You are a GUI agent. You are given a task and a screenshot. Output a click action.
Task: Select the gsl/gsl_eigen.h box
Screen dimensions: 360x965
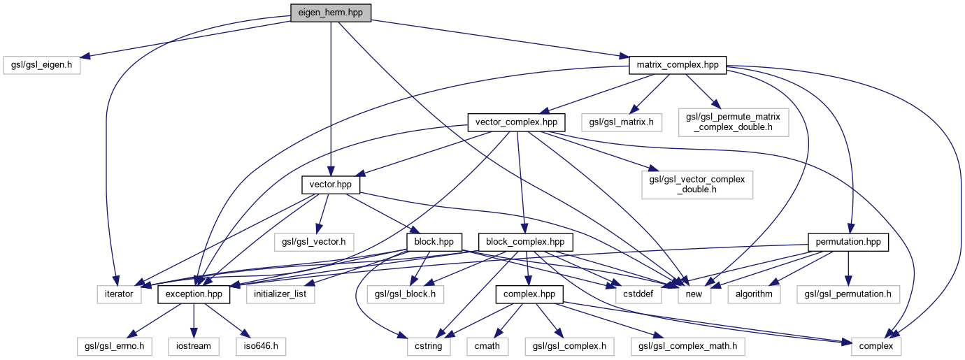(x=41, y=66)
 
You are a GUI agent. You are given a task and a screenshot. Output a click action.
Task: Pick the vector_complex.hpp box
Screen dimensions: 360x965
(x=515, y=122)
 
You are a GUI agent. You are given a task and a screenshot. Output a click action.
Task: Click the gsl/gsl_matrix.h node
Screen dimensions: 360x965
(x=621, y=122)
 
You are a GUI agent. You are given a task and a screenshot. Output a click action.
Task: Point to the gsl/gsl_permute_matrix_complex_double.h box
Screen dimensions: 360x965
(x=734, y=122)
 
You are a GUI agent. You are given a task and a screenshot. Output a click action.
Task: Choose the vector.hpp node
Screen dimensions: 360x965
(x=331, y=185)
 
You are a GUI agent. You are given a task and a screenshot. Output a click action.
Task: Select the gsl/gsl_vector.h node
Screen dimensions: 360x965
(x=314, y=243)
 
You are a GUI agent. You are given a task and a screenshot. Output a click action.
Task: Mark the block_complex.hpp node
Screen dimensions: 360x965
(x=526, y=243)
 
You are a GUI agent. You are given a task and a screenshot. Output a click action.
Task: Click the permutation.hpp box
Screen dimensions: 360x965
(x=848, y=243)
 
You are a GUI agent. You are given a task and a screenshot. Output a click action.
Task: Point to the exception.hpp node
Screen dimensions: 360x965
(x=194, y=294)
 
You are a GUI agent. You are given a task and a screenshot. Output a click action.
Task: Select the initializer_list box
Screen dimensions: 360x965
(x=280, y=294)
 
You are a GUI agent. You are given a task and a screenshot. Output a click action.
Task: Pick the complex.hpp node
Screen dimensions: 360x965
(x=529, y=294)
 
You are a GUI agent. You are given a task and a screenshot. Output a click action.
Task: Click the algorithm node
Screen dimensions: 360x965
(x=754, y=294)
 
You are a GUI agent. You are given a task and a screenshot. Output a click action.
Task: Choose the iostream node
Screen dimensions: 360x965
(x=194, y=345)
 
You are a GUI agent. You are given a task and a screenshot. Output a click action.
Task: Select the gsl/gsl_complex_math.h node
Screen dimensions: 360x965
(x=687, y=345)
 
